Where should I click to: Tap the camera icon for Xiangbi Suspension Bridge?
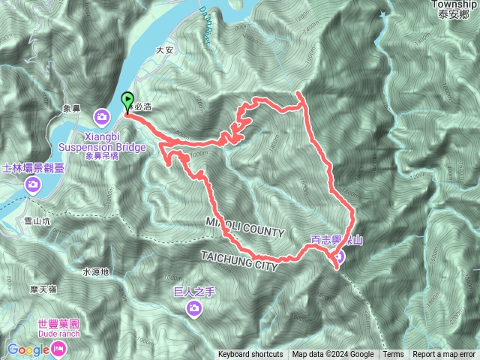(x=101, y=116)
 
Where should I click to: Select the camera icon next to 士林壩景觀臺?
(x=33, y=184)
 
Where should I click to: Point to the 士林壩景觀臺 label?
(x=33, y=168)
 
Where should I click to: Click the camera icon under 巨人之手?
(x=194, y=307)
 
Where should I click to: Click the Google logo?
(x=27, y=349)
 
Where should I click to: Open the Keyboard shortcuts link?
(x=250, y=355)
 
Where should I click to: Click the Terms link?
(x=393, y=355)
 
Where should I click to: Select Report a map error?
(x=443, y=355)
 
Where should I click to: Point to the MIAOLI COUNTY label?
(x=244, y=228)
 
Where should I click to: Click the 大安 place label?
(x=164, y=51)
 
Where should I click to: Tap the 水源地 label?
(x=95, y=271)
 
